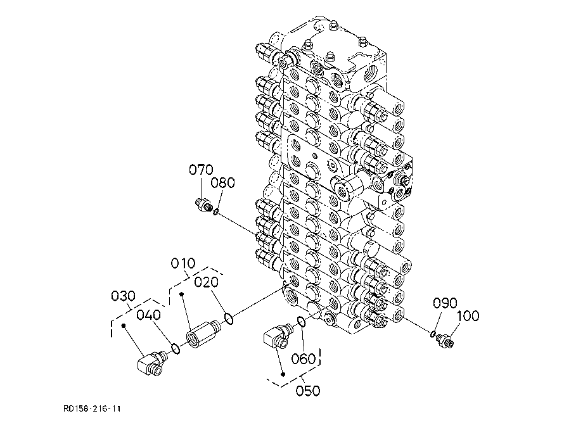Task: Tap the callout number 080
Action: point(223,183)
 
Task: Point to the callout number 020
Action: point(207,282)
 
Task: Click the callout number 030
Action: point(124,295)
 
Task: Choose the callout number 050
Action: point(308,390)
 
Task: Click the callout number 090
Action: point(445,303)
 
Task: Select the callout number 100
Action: point(468,315)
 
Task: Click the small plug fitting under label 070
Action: point(204,206)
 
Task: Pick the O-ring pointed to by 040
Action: point(176,348)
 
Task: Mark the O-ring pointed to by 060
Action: point(302,323)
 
